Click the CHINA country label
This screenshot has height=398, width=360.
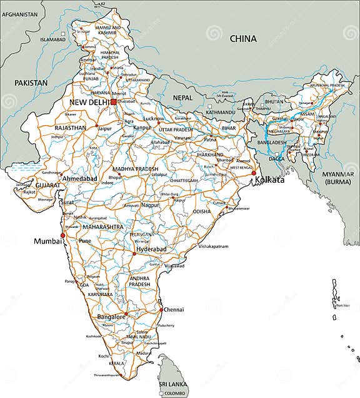pyautogui.click(x=243, y=39)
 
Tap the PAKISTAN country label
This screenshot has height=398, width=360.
pyautogui.click(x=32, y=83)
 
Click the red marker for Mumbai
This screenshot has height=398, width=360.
pyautogui.click(x=62, y=236)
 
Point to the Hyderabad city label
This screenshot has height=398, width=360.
pyautogui.click(x=152, y=249)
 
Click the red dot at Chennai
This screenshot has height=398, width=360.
pyautogui.click(x=161, y=309)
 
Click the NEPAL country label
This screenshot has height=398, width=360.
pyautogui.click(x=183, y=98)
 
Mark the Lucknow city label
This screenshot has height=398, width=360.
pyautogui.click(x=154, y=118)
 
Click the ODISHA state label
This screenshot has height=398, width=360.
pyautogui.click(x=202, y=212)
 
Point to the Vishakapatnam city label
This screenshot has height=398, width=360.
pyautogui.click(x=215, y=247)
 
